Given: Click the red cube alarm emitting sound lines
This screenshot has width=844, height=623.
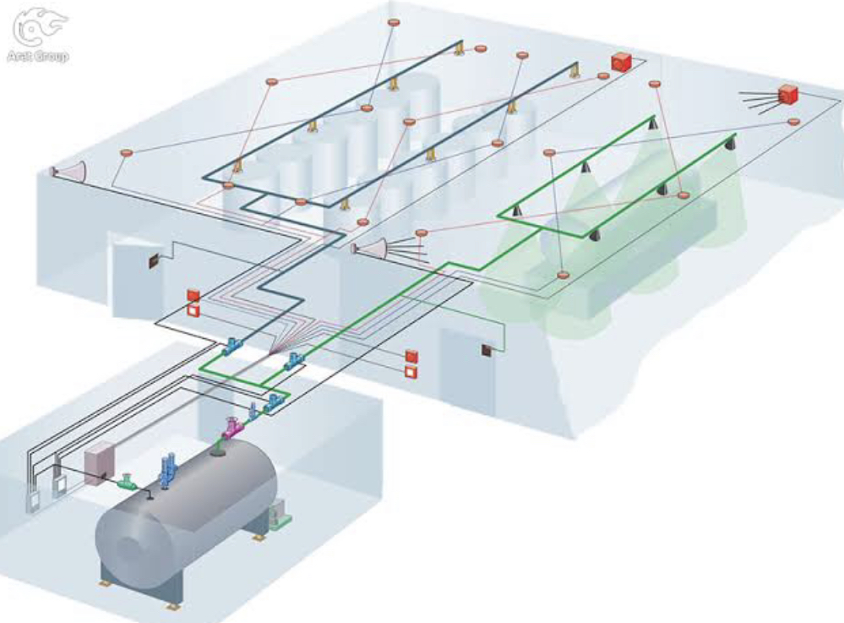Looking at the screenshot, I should [787, 94].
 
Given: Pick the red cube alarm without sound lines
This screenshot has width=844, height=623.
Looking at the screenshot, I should [622, 62].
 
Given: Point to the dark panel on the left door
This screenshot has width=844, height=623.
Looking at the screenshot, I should [155, 261].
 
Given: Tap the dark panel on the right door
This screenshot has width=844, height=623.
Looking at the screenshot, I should [487, 350].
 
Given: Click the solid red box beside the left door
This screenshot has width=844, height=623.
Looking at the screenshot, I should [193, 295].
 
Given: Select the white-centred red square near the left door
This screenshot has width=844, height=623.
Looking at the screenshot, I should [193, 310].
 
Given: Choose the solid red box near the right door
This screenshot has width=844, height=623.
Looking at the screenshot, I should [412, 356].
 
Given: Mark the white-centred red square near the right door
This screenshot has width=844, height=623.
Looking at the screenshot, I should [412, 372].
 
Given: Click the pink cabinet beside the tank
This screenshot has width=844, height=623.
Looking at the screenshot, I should [99, 462].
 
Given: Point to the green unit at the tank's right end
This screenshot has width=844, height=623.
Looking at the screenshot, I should [280, 513].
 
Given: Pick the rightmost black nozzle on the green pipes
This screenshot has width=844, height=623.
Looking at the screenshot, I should [726, 143].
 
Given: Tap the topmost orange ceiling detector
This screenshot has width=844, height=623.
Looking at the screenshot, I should [393, 21].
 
